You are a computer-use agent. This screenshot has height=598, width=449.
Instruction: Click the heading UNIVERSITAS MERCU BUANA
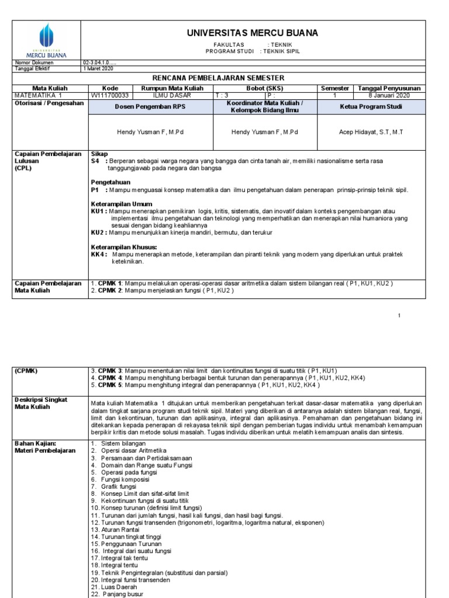pos(253,33)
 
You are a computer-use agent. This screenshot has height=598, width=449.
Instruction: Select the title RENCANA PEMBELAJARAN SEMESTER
pos(251,78)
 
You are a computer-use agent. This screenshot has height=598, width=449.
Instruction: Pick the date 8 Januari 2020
pos(389,95)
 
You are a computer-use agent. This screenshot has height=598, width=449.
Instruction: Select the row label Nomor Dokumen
pos(34,62)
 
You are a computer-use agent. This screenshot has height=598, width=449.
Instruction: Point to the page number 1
pos(399,316)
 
